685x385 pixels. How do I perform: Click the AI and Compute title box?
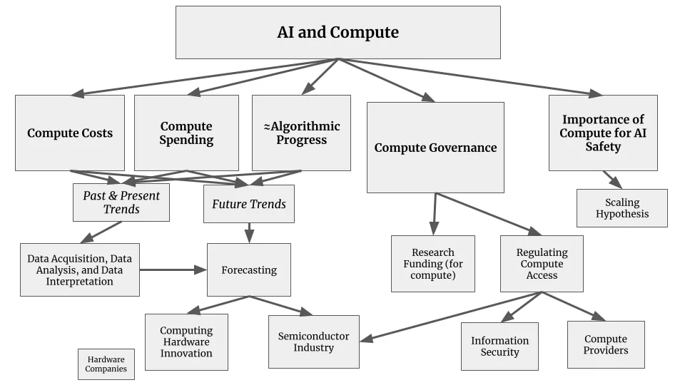[338, 32]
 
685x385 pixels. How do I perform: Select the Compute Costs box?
[70, 133]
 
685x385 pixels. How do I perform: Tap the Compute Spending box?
[186, 133]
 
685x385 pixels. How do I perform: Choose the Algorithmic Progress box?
[301, 133]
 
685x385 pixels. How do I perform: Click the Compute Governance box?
[435, 148]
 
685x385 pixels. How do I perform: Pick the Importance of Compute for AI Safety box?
[603, 133]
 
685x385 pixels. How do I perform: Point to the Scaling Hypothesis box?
[621, 208]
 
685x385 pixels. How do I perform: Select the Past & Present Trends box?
[121, 202]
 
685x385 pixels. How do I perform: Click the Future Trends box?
[248, 204]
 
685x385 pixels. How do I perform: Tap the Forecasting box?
[248, 270]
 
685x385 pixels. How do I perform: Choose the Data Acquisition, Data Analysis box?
[80, 270]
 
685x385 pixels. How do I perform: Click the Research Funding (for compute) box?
[432, 264]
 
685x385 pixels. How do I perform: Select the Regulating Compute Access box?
[542, 264]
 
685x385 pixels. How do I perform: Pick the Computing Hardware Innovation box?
[186, 342]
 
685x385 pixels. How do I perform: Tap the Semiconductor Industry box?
[313, 342]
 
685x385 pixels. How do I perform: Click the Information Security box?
[499, 346]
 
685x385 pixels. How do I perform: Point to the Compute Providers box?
[606, 344]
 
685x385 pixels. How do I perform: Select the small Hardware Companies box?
[106, 364]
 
